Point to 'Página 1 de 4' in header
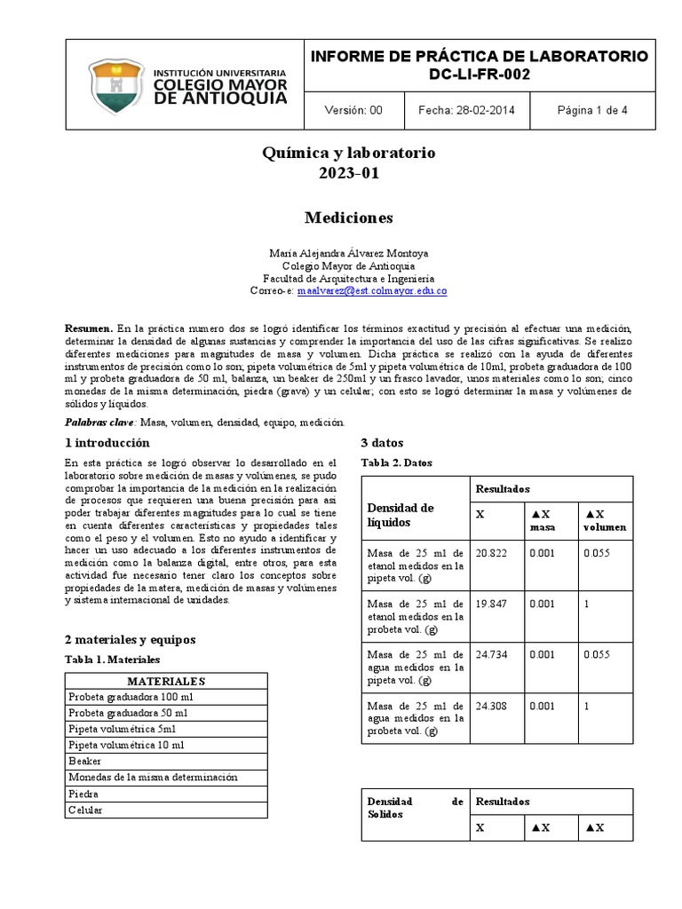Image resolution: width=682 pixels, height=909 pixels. pos(592,111)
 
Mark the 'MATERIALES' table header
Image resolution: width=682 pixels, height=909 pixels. pos(166,681)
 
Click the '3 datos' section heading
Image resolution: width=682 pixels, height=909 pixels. pos(383,443)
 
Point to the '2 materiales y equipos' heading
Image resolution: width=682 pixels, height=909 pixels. pos(130,639)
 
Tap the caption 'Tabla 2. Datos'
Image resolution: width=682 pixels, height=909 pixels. pos(396,462)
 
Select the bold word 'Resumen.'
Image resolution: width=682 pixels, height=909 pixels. pos(89,328)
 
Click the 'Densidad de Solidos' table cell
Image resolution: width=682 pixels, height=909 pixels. pos(415,807)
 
